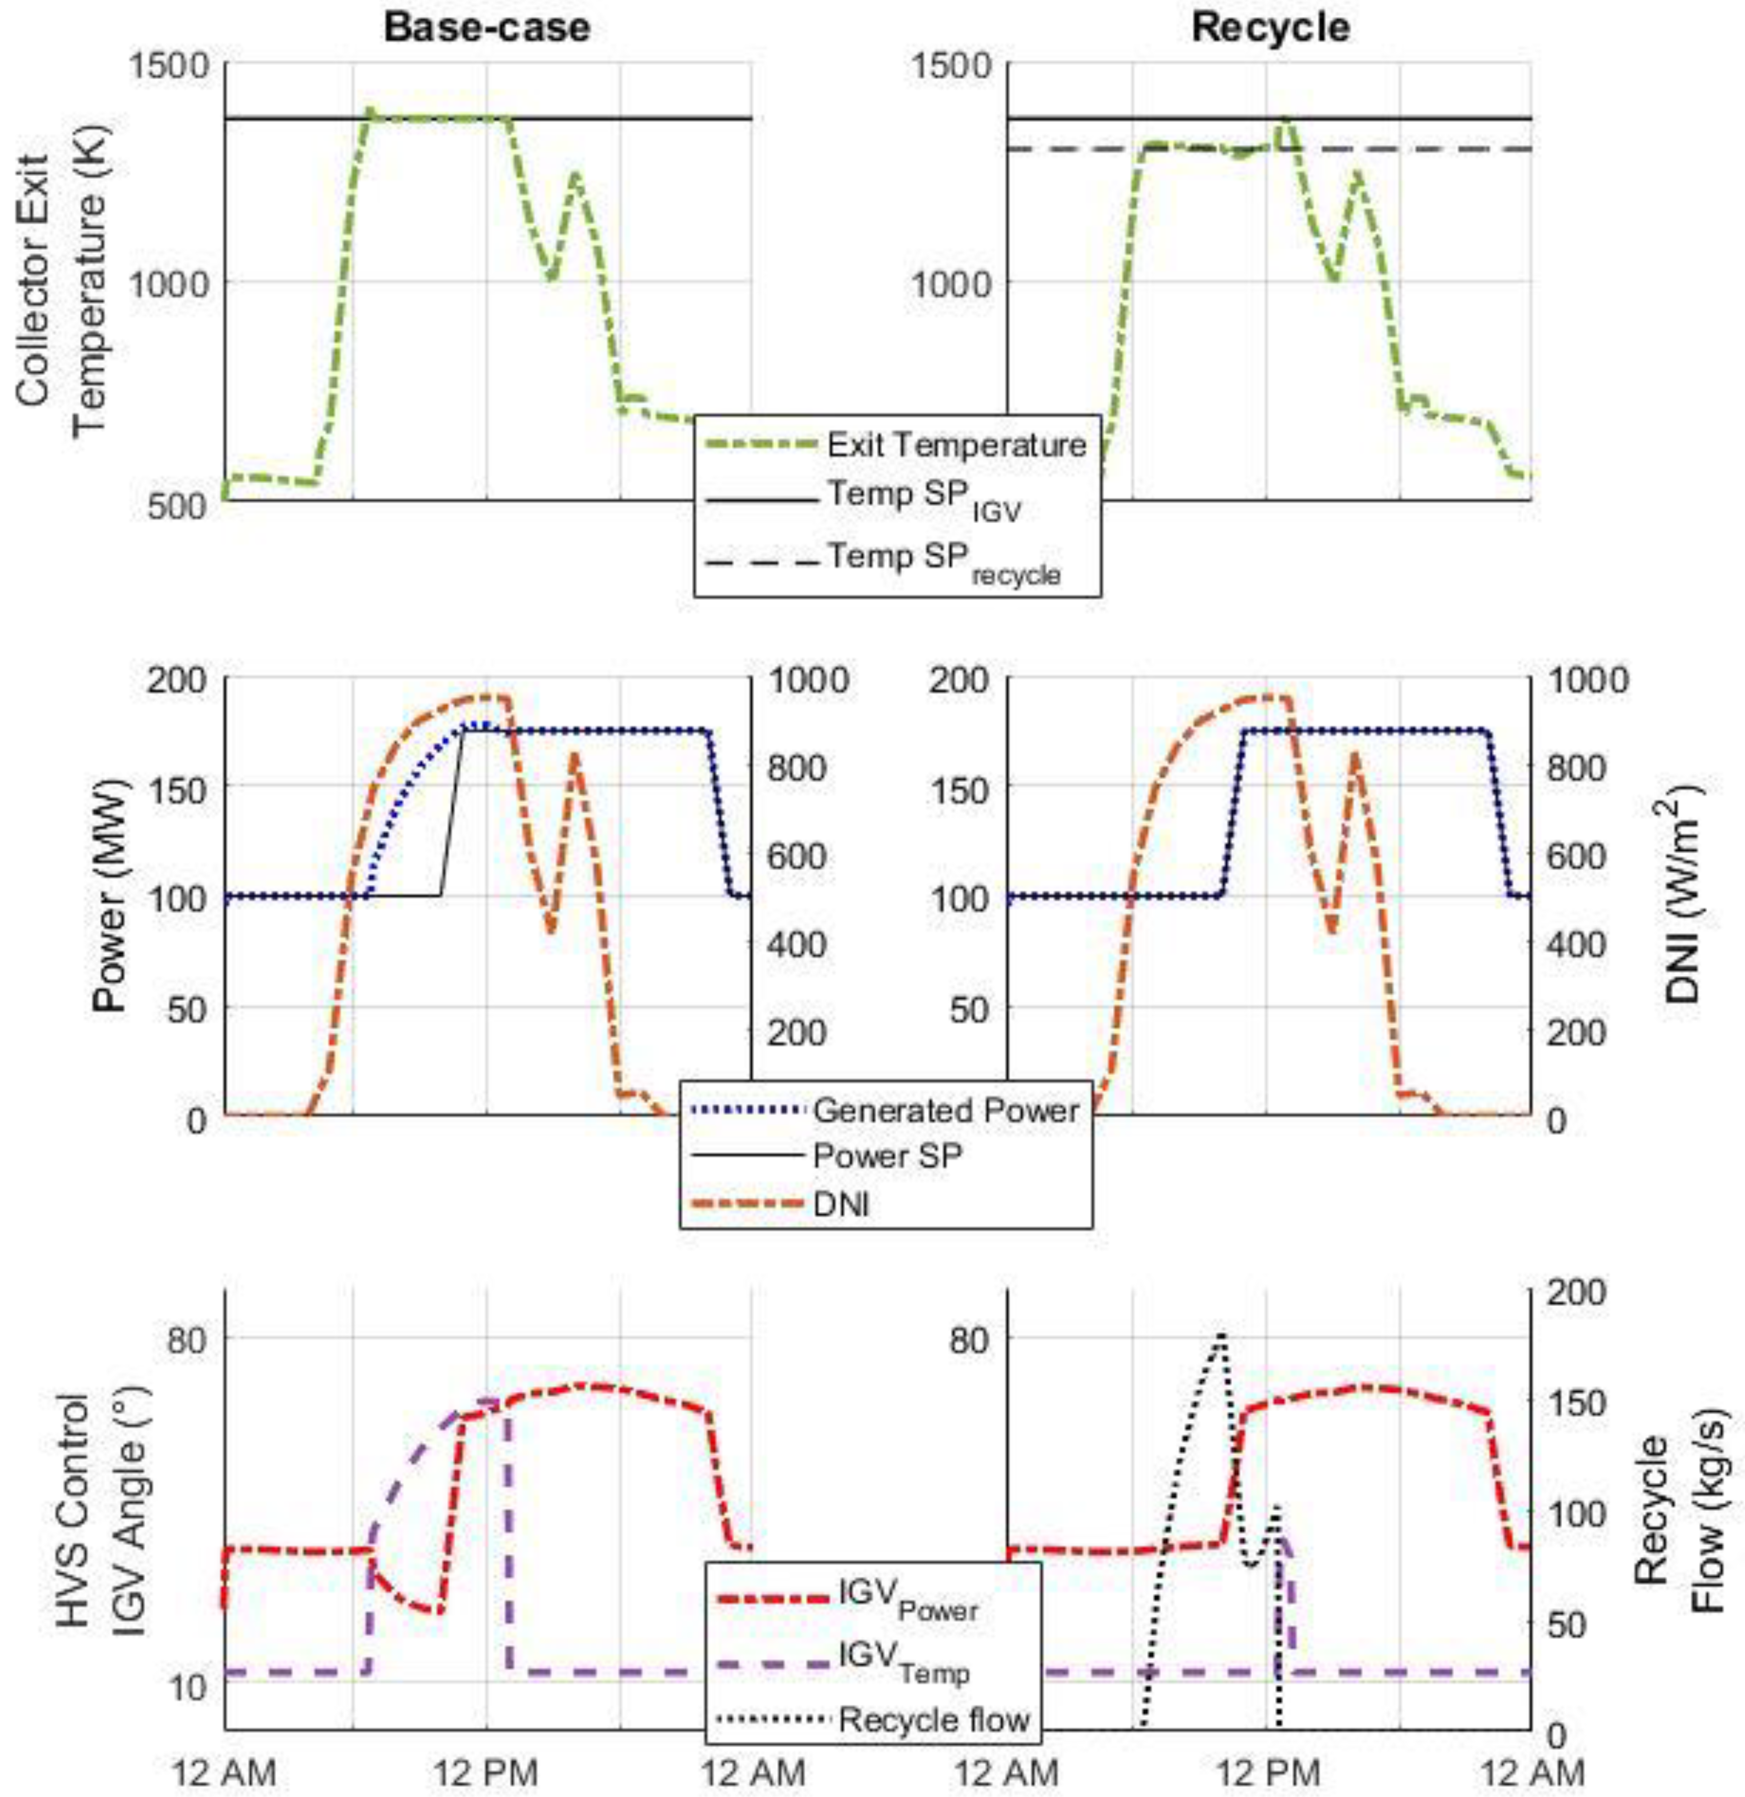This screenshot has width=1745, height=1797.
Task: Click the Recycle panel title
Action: (x=1270, y=28)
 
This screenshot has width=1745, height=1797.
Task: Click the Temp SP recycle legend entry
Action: (x=944, y=561)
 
